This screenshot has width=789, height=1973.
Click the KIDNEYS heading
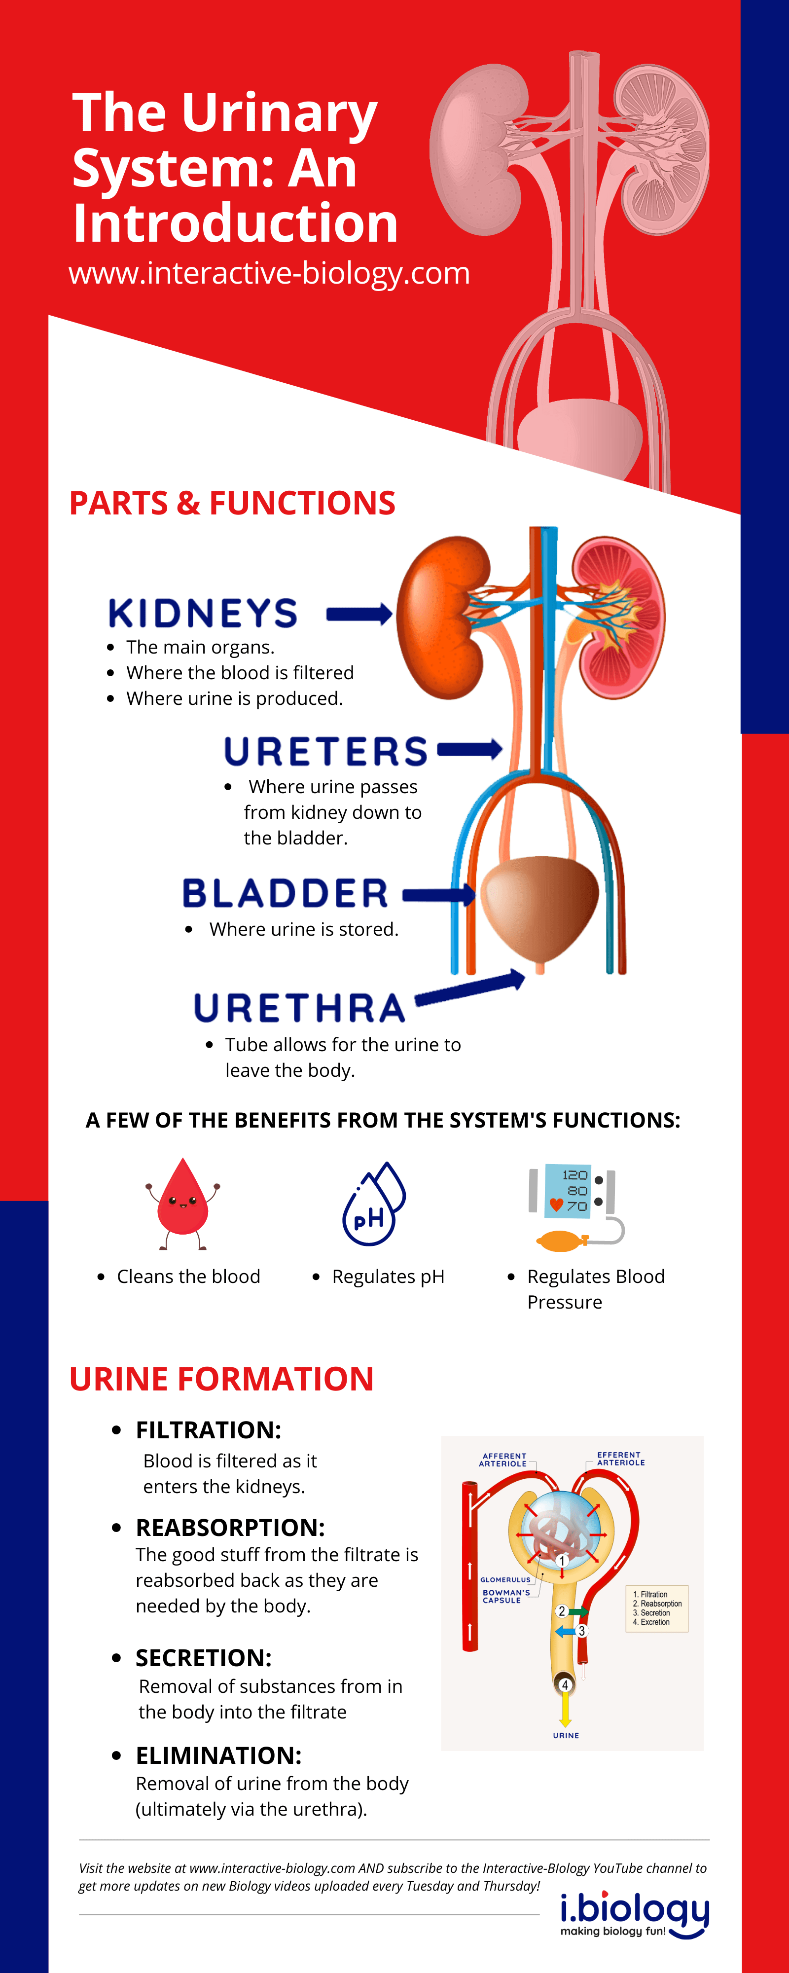[203, 614]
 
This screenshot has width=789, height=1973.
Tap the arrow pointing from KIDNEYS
[359, 614]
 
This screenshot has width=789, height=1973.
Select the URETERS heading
[325, 751]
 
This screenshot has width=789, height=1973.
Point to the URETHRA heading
[299, 1008]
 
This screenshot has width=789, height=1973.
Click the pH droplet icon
[374, 1204]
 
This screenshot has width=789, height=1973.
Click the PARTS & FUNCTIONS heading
[232, 503]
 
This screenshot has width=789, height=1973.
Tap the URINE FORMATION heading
[221, 1379]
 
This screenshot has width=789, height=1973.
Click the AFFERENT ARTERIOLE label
[503, 1460]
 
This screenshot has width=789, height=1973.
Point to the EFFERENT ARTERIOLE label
[620, 1459]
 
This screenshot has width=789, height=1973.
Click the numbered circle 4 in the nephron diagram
[565, 1685]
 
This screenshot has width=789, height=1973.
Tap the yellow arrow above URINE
[565, 1710]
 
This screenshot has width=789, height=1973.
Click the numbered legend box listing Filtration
[656, 1608]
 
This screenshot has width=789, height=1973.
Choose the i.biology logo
[634, 1916]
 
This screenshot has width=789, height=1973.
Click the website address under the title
[269, 273]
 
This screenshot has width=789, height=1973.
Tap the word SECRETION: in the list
[203, 1657]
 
